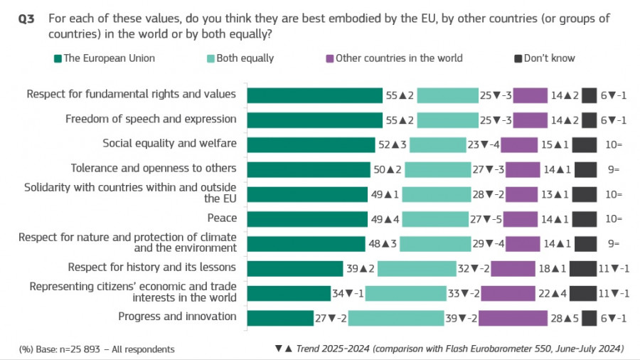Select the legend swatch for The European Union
point(58,58)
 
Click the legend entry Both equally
point(238,58)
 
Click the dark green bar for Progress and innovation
point(280,317)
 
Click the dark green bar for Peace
point(306,218)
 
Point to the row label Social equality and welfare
point(169,144)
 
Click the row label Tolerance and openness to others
point(153,169)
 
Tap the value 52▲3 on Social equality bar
point(392,144)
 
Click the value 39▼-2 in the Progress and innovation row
point(460,318)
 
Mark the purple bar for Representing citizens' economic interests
point(508,292)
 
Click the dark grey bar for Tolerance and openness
point(585,169)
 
